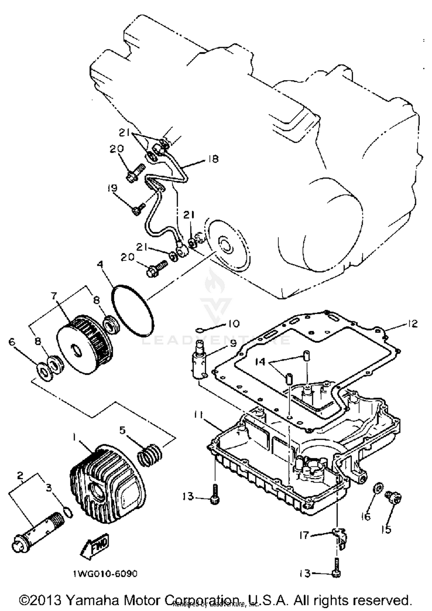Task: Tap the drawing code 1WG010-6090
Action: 105,574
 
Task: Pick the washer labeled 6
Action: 45,372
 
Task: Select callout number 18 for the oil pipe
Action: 213,159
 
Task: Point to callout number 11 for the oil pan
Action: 199,415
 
